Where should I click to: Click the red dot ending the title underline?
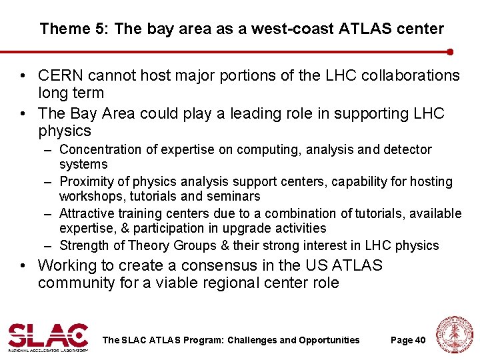pyautogui.click(x=451, y=51)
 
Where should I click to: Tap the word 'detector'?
pyautogui.click(x=407, y=150)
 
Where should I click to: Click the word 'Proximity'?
pyautogui.click(x=85, y=182)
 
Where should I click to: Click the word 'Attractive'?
pyautogui.click(x=87, y=214)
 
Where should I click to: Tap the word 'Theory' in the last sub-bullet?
pyautogui.click(x=149, y=246)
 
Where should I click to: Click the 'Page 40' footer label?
pyautogui.click(x=407, y=340)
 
